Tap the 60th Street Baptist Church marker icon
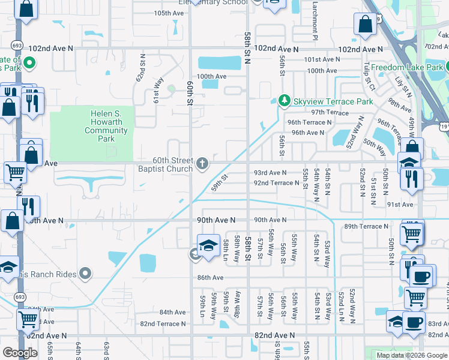(x=203, y=162)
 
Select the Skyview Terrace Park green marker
(x=285, y=101)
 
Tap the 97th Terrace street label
(x=330, y=112)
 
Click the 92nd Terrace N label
(x=276, y=183)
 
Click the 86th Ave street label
(x=210, y=278)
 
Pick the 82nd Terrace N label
(x=163, y=324)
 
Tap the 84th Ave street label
(x=172, y=313)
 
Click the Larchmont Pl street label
(x=314, y=21)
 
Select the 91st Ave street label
(x=400, y=205)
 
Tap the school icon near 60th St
(x=208, y=245)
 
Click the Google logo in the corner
(x=20, y=353)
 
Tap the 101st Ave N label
(x=322, y=59)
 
